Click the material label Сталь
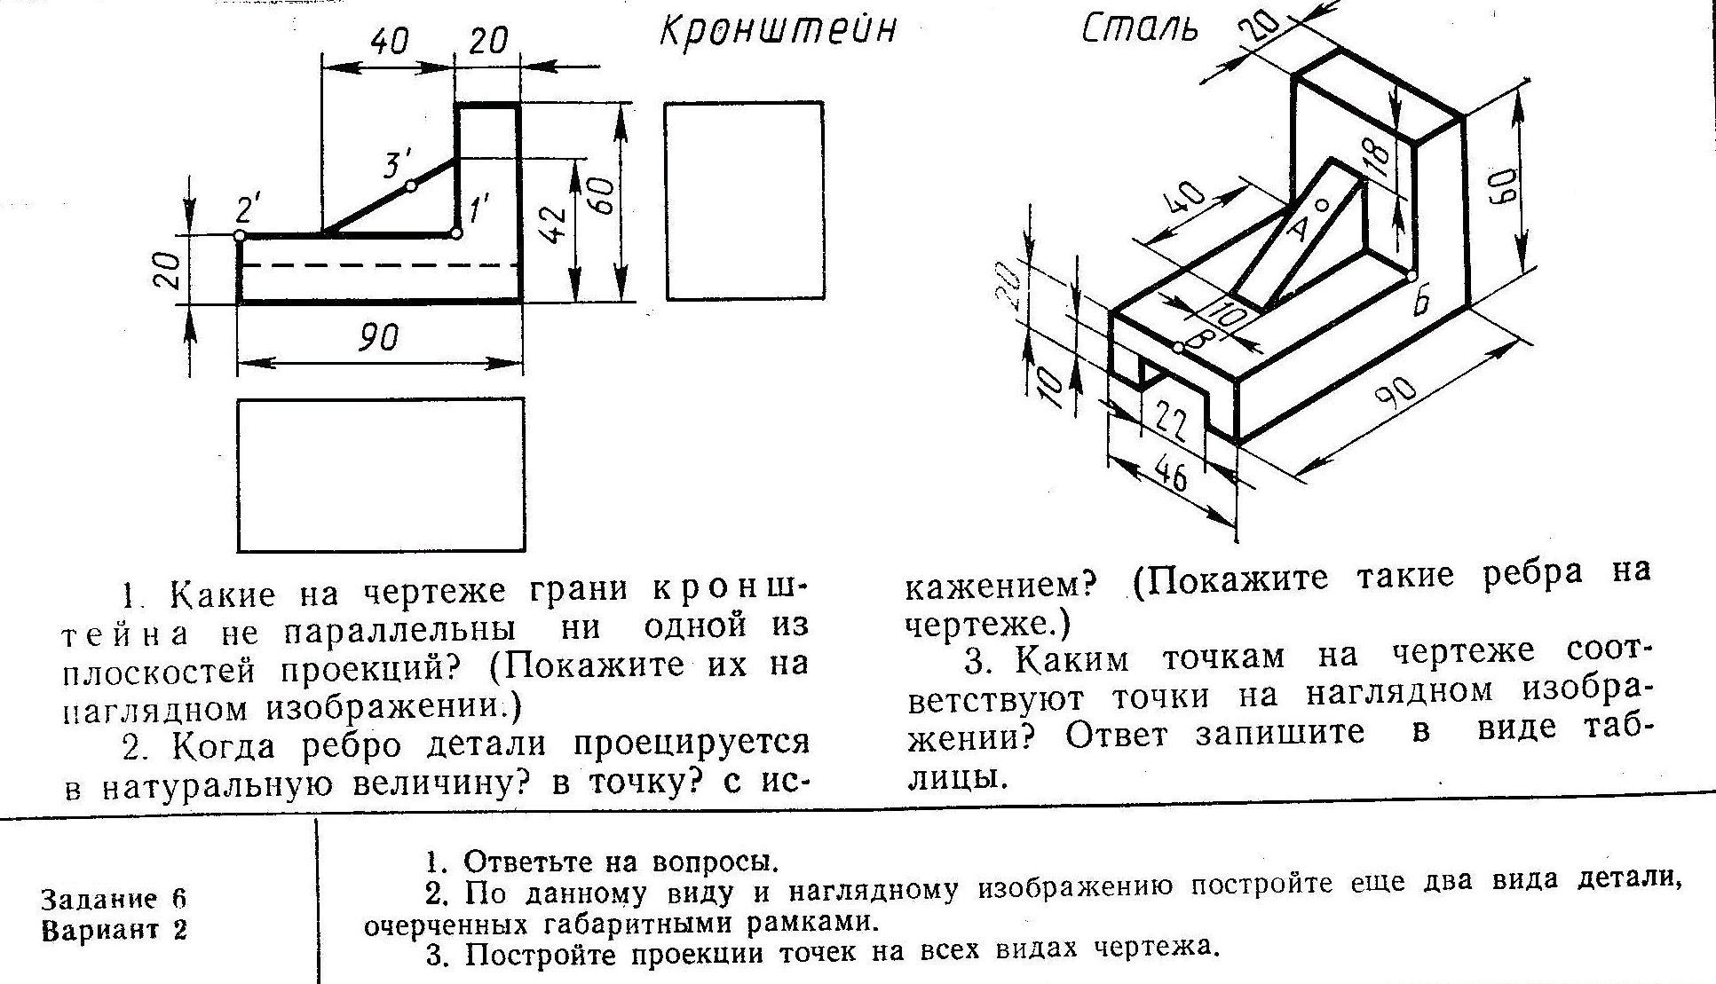pos(1140,28)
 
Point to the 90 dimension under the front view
pos(378,338)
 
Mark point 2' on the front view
pos(240,235)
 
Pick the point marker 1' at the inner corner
pos(456,233)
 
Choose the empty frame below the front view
pos(380,475)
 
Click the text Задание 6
pos(114,899)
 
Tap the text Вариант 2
pos(114,932)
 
